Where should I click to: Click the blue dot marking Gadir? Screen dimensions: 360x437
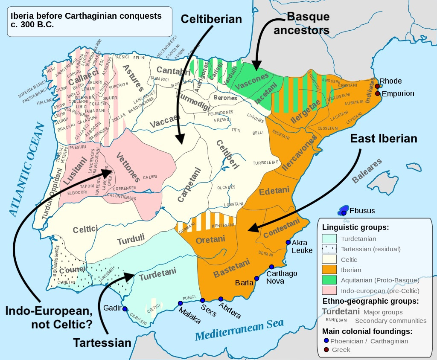(x=125, y=309)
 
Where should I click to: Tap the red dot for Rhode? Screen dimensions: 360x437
(x=377, y=86)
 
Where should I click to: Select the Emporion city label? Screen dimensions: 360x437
(x=397, y=93)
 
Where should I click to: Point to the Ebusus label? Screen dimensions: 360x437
(x=362, y=211)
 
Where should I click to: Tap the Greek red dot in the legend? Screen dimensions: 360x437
(x=326, y=350)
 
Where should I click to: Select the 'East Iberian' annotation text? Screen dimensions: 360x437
(x=384, y=138)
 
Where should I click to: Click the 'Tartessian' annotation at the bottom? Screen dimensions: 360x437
(x=102, y=343)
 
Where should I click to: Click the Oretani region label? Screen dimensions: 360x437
(x=210, y=240)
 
